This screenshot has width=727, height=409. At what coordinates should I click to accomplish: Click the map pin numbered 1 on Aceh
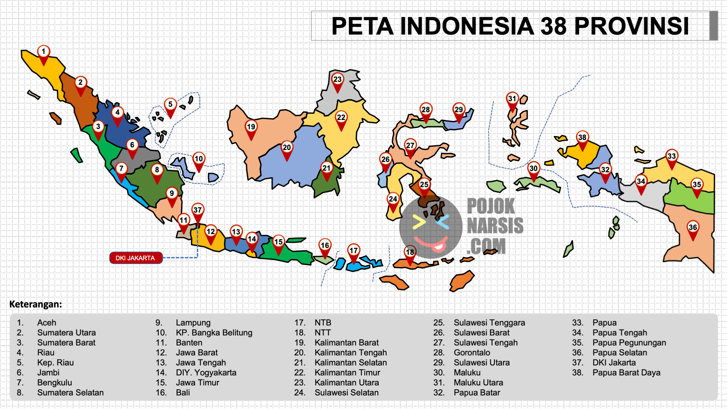point(43,52)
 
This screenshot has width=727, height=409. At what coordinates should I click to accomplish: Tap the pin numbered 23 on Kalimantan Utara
point(337,80)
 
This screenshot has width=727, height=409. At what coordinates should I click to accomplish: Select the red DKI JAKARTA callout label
point(135,258)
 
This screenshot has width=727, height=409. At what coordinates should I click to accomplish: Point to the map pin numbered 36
point(693,228)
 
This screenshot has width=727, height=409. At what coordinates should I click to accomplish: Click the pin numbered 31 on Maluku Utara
point(512,99)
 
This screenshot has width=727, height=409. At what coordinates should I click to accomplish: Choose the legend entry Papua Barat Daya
point(626,372)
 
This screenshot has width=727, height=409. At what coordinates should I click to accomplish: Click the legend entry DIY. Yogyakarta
point(206,372)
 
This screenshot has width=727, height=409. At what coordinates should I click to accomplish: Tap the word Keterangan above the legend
point(35,304)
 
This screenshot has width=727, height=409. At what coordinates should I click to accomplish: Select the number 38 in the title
point(553,27)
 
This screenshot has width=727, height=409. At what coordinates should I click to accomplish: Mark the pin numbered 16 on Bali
point(325,246)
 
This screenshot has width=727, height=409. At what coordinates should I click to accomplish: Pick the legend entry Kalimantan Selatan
point(350,362)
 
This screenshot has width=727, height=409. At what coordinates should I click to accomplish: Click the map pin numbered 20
point(287,148)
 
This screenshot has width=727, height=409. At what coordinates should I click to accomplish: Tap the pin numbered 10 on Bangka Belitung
point(198,159)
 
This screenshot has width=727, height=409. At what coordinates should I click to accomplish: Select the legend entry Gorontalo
point(472,352)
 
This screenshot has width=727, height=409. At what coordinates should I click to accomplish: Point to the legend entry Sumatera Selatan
point(70,393)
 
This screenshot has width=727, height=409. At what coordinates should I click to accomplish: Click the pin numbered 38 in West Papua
point(582,138)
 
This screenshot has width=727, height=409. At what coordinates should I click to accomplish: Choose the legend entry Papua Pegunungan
point(629,342)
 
